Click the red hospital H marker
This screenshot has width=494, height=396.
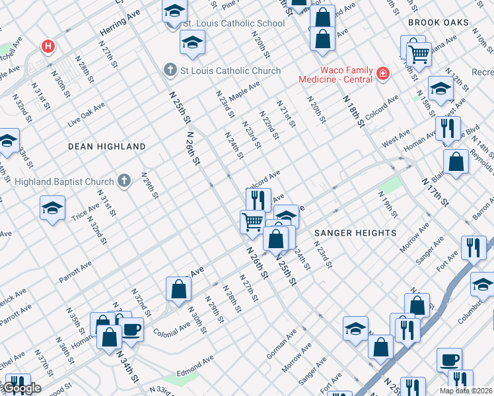48,47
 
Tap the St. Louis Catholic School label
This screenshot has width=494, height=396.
233,23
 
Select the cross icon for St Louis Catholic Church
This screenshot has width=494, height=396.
170,70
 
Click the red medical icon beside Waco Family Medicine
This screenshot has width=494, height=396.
382,73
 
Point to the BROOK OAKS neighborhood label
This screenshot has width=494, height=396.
438,22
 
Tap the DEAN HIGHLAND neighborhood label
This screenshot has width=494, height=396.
106,147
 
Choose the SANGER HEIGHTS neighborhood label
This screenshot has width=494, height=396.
355,233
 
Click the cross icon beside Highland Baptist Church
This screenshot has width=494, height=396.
123,180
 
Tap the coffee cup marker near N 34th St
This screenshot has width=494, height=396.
131,329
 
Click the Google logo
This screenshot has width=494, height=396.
21,388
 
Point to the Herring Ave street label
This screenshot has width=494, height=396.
120,23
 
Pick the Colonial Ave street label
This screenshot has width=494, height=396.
171,328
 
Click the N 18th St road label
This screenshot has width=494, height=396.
353,110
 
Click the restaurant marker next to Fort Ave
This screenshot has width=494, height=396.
473,247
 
